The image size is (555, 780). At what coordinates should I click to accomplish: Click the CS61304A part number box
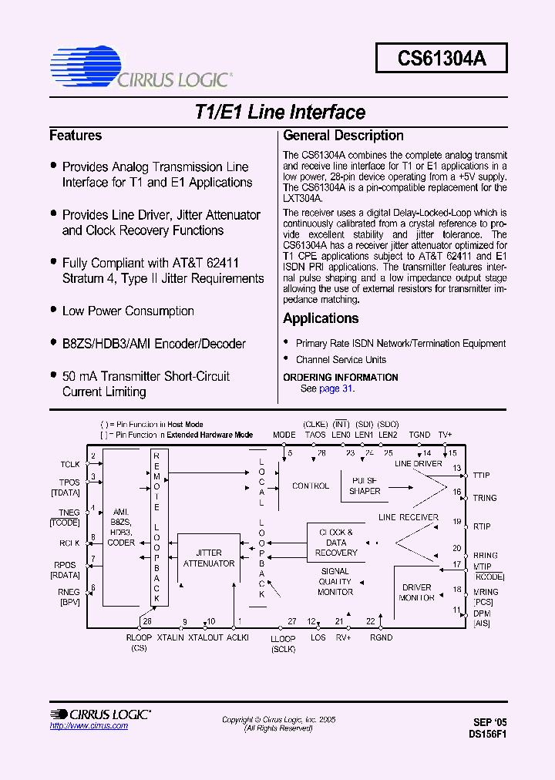442,58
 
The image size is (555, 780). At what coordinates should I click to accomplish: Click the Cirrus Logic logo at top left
140,68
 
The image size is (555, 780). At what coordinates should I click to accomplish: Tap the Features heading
76,136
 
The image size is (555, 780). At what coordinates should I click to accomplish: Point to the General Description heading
343,136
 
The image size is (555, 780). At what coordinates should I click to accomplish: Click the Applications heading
321,318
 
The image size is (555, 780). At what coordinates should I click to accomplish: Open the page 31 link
336,388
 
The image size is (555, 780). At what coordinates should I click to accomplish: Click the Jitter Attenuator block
209,558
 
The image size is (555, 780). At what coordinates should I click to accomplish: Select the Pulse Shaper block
365,485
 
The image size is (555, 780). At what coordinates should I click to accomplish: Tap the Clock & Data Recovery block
336,542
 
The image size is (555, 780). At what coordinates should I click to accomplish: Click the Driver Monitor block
417,592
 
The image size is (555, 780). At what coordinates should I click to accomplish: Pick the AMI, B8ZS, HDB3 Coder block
121,527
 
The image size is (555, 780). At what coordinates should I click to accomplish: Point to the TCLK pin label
70,464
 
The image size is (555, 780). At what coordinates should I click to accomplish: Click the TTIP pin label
482,476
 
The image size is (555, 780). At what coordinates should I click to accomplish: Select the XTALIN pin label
170,637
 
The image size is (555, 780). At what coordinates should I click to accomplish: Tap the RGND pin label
381,637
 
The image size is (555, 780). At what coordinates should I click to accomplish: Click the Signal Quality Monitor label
335,582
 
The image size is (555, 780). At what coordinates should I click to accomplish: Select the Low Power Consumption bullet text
128,311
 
